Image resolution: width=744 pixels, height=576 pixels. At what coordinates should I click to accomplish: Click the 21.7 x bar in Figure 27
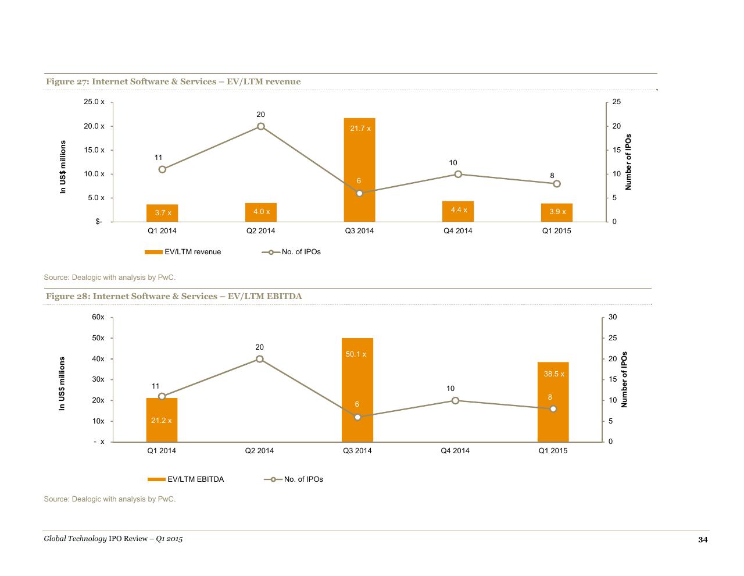click(x=359, y=170)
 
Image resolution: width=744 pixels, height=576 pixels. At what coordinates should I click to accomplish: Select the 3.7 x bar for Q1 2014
click(x=162, y=213)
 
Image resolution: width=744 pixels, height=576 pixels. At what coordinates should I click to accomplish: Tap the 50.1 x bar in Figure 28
click(x=357, y=390)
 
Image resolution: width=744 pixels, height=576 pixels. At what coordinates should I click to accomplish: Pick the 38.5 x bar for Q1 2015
click(x=553, y=401)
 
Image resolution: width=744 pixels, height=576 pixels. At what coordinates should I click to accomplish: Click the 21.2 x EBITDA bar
click(x=162, y=419)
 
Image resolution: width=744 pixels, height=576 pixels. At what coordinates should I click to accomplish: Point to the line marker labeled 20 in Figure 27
click(x=260, y=126)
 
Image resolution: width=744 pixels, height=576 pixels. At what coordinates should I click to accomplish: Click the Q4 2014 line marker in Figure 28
click(x=455, y=400)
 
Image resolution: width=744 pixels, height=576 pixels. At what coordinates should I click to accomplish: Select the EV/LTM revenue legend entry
click(x=183, y=252)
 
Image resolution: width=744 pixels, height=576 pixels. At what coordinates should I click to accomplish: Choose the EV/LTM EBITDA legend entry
click(x=185, y=479)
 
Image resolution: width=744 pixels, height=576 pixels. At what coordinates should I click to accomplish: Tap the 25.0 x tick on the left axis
click(x=94, y=102)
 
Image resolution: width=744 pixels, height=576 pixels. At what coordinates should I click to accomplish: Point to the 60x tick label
click(x=98, y=317)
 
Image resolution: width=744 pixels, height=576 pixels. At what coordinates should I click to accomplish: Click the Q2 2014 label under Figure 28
click(x=259, y=450)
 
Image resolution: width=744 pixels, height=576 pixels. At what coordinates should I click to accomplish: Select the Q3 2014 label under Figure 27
click(x=359, y=230)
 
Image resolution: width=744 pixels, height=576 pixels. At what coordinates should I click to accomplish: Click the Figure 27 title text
click(x=173, y=81)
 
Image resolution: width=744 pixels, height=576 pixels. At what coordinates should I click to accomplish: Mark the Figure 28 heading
click(x=174, y=296)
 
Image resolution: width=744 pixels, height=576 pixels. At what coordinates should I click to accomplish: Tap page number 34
click(x=703, y=540)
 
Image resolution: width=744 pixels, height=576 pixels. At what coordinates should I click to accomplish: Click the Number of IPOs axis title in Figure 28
click(x=624, y=379)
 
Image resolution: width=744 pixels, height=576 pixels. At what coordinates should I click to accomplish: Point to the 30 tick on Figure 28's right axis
click(x=613, y=317)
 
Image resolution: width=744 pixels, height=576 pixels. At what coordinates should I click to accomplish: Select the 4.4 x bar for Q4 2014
click(x=458, y=211)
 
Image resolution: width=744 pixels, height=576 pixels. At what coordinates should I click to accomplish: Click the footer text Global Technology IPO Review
click(x=95, y=539)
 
